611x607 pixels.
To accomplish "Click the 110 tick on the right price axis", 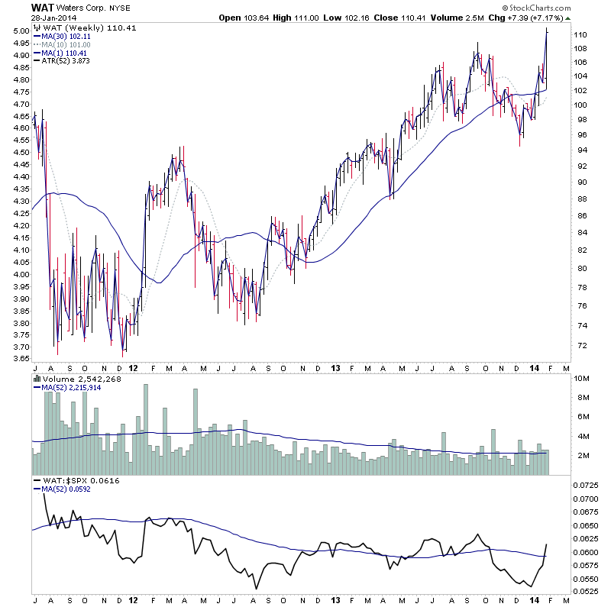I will click(x=580, y=35).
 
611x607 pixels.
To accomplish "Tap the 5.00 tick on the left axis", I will click(x=21, y=31).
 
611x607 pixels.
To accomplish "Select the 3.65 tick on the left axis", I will click(x=21, y=359).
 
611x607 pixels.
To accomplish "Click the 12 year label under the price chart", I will click(x=134, y=367).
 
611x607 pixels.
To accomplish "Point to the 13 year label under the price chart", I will click(x=333, y=367).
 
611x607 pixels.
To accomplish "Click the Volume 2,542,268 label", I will click(x=77, y=378).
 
